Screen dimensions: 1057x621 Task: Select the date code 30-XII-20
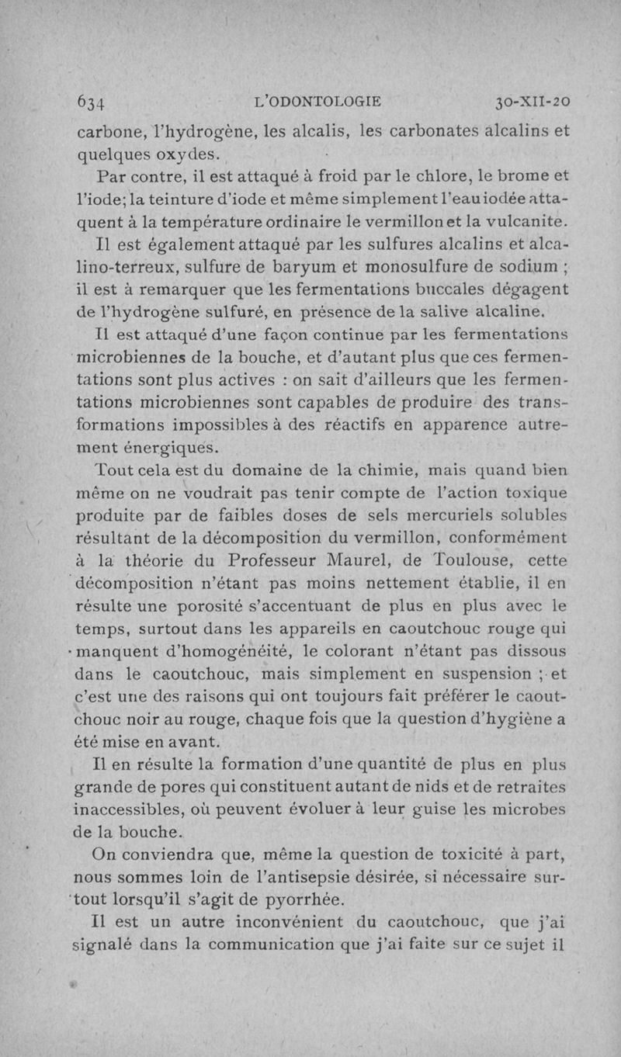click(x=533, y=102)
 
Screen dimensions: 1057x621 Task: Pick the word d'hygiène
click(x=512, y=719)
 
